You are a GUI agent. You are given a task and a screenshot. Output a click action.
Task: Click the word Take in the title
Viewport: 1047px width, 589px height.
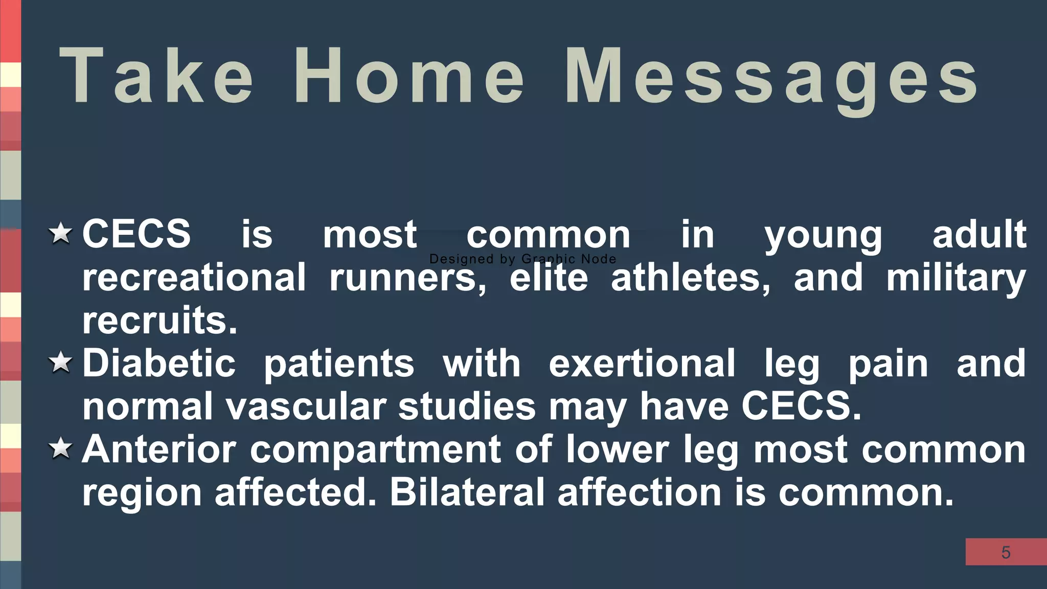tap(156, 76)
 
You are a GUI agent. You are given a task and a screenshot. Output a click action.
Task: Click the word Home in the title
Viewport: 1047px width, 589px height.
tap(409, 76)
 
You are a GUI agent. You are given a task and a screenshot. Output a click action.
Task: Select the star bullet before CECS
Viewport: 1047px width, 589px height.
tap(61, 233)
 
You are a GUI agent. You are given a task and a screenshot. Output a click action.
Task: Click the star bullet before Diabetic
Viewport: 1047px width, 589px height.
tap(61, 363)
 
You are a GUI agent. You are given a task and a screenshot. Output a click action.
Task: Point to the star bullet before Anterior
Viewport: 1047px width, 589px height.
tap(61, 448)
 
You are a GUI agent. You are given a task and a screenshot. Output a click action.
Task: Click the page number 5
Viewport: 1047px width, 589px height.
tap(1006, 552)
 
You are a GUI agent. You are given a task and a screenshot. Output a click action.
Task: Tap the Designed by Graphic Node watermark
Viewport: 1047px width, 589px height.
tap(522, 259)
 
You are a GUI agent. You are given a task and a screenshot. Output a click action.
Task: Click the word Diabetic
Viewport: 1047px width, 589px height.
tap(159, 363)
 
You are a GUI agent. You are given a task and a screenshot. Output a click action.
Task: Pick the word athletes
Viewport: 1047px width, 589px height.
tap(690, 277)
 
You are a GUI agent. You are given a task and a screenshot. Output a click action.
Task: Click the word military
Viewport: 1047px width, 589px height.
tap(956, 278)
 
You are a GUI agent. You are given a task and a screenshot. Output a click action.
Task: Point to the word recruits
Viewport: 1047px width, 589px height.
tap(160, 320)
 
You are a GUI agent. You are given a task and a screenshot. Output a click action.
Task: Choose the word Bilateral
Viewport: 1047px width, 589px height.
tap(467, 492)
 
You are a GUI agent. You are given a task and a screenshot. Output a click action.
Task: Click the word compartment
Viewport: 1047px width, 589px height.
tap(376, 450)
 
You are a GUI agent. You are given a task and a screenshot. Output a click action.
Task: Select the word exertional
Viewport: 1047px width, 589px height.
tap(642, 363)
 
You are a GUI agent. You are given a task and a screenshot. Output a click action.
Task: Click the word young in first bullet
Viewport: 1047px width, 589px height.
tap(823, 235)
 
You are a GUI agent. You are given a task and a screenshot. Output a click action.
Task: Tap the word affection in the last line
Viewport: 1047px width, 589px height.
tap(639, 492)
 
